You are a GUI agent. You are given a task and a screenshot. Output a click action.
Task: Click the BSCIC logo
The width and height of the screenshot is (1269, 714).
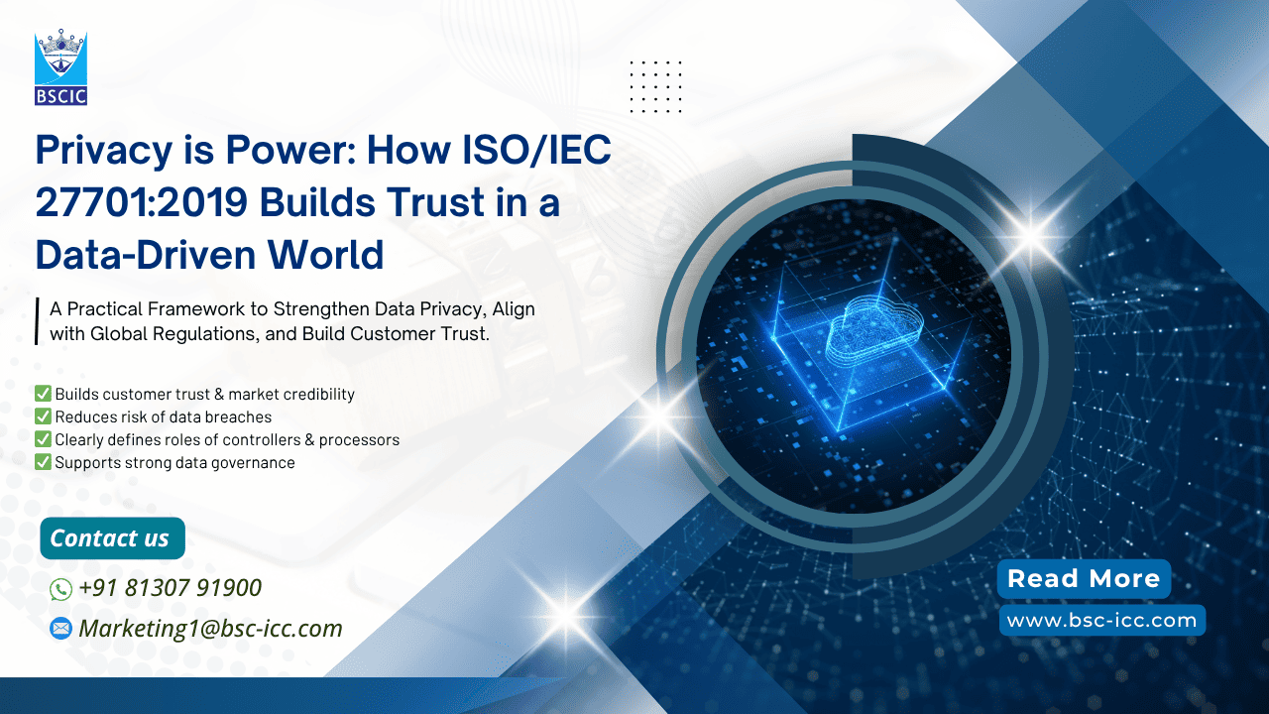pyautogui.click(x=60, y=66)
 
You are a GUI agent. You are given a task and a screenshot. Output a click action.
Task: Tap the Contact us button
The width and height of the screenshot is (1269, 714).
pyautogui.click(x=112, y=538)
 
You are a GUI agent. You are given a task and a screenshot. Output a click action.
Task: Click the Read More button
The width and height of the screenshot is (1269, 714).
pyautogui.click(x=1084, y=578)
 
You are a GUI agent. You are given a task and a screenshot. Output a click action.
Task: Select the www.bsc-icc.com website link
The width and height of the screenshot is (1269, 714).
pyautogui.click(x=1101, y=621)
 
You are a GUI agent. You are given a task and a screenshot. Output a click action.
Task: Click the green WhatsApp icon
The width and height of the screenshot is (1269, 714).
pyautogui.click(x=60, y=589)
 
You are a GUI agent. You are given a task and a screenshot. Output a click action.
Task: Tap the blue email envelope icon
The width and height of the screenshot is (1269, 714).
pyautogui.click(x=60, y=629)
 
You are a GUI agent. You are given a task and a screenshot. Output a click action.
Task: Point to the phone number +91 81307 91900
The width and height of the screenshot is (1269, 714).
pyautogui.click(x=170, y=588)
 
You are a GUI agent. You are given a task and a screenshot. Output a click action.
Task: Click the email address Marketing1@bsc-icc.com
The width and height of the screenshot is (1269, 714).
pyautogui.click(x=210, y=629)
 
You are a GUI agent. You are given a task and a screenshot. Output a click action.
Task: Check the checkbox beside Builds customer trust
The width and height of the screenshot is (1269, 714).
pyautogui.click(x=43, y=394)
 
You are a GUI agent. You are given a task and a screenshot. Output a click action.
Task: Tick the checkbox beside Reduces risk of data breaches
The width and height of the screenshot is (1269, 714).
pyautogui.click(x=43, y=416)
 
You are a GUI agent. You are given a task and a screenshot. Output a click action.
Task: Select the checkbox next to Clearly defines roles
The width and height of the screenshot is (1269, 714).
pyautogui.click(x=43, y=439)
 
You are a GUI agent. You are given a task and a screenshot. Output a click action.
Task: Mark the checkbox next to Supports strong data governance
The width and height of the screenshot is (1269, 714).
pyautogui.click(x=43, y=462)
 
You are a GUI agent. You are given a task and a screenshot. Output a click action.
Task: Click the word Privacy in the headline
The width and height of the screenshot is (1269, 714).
pyautogui.click(x=104, y=151)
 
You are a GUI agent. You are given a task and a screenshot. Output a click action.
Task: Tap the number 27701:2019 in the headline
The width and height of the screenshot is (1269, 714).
pyautogui.click(x=142, y=202)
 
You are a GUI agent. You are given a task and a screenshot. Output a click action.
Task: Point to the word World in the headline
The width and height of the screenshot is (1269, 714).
pyautogui.click(x=326, y=255)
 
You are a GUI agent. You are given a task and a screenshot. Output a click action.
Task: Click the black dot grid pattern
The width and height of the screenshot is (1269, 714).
pyautogui.click(x=655, y=86)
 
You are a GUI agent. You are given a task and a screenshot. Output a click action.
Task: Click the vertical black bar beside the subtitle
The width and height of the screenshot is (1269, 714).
pyautogui.click(x=37, y=321)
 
